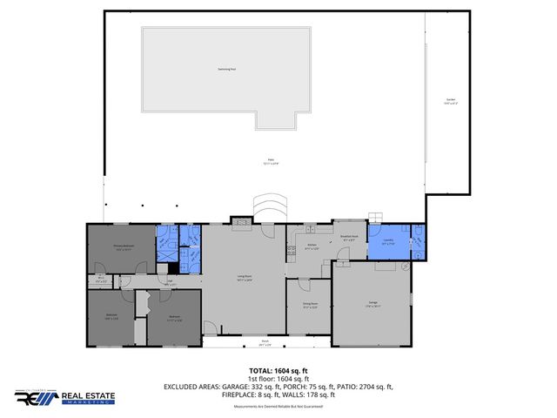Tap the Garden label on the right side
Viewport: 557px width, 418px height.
click(x=451, y=101)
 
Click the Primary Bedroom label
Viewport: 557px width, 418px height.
click(x=124, y=247)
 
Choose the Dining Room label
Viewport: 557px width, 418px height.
click(x=310, y=305)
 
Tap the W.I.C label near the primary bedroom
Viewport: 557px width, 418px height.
click(x=101, y=280)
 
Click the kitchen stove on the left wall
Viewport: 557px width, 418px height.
click(x=291, y=252)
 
